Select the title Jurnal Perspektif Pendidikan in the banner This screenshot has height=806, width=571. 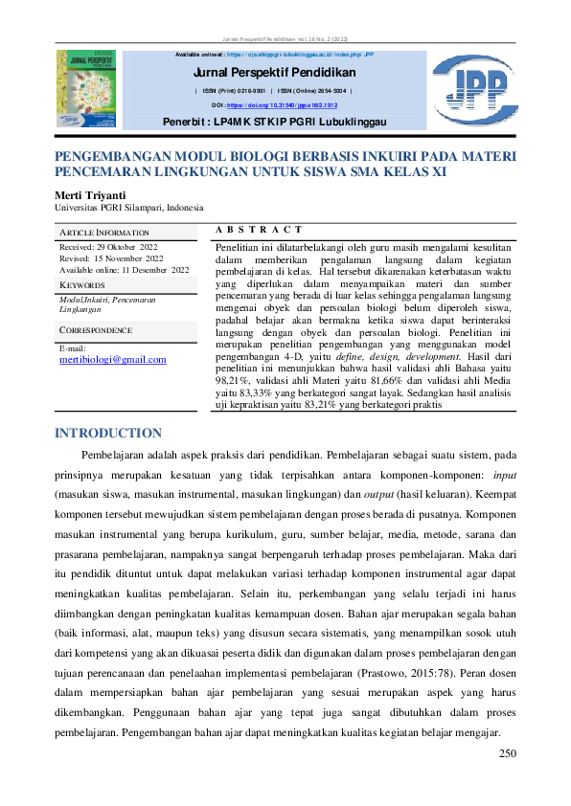(275, 73)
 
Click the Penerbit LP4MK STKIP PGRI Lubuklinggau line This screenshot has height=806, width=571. (274, 123)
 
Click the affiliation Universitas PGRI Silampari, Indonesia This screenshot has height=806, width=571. (128, 207)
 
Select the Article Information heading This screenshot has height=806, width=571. (104, 233)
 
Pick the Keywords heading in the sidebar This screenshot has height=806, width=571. (82, 285)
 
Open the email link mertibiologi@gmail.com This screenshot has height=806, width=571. (113, 360)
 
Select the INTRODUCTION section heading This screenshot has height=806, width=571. (108, 434)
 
